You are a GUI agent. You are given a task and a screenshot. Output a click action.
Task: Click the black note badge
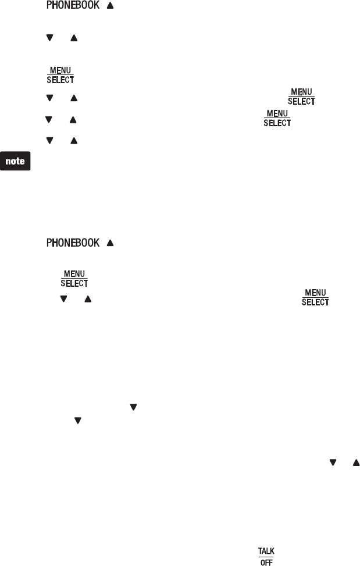point(16,162)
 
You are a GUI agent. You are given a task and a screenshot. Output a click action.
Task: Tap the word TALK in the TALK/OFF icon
point(266,550)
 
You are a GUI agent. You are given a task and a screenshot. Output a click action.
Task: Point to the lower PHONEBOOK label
point(73,243)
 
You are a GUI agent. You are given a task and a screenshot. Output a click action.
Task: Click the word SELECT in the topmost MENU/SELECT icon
point(60,80)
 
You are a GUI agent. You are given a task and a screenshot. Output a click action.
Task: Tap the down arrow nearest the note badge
point(49,140)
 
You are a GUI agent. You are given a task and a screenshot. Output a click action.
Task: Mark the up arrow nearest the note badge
point(73,140)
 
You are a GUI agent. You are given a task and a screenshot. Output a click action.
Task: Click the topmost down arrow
point(49,38)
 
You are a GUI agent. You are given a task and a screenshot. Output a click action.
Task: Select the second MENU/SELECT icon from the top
point(301,96)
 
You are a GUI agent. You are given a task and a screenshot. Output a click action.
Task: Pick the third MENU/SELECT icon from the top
point(277,119)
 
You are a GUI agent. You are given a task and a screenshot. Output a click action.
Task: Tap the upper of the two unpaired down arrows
point(133,408)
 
